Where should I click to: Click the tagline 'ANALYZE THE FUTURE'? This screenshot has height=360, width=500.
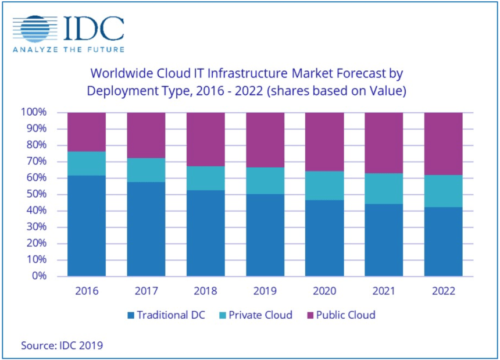(69, 49)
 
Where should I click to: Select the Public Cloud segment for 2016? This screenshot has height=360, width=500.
(87, 132)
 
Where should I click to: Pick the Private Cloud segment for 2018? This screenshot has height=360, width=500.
(205, 178)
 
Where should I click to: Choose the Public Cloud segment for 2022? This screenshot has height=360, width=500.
(443, 144)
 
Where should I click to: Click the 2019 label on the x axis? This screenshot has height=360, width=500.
(265, 290)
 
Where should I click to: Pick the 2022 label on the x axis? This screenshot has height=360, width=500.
(443, 290)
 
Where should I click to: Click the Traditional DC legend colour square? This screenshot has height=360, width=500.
(130, 315)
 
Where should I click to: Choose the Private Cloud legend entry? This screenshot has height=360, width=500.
(256, 315)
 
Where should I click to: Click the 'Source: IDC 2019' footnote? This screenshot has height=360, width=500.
(62, 345)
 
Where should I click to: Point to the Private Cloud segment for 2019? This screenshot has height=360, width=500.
(265, 180)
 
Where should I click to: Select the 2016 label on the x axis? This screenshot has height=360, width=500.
(87, 290)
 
